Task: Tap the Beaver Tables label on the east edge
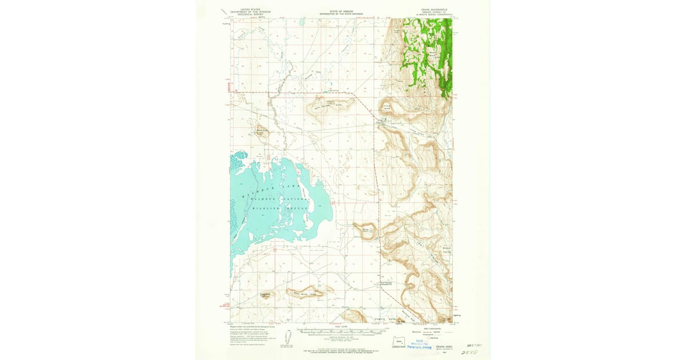point(448,250)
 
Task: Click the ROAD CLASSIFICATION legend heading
point(422,327)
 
